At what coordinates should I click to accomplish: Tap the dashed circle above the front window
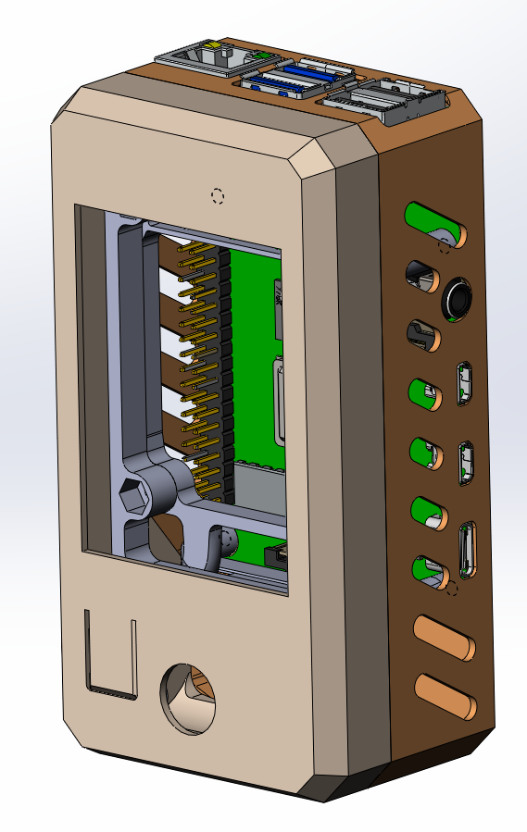[218, 195]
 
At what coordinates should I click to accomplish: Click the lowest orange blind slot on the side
[445, 697]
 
